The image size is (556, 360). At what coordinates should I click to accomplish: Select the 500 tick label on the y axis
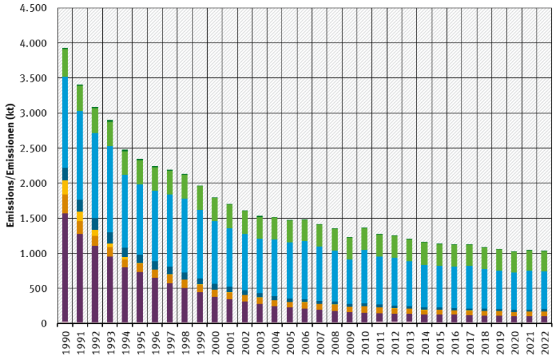pyautogui.click(x=39, y=288)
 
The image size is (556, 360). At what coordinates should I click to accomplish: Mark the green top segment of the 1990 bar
pyautogui.click(x=65, y=63)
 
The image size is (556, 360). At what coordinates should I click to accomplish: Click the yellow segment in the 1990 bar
pyautogui.click(x=65, y=188)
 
